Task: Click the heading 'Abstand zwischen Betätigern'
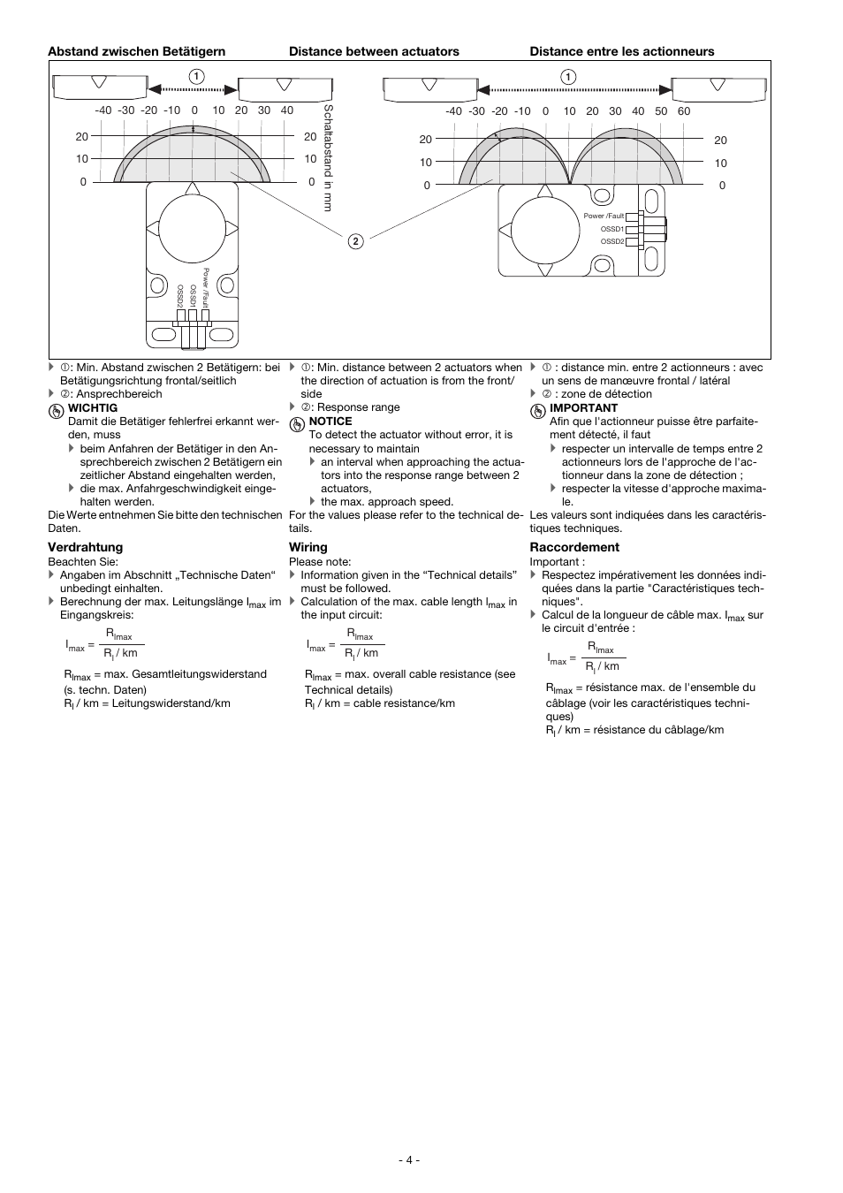136,51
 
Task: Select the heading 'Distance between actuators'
374,51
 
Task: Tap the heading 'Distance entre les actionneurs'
622,51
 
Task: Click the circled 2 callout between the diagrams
354,241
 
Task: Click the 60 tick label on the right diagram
684,111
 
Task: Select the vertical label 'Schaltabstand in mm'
328,157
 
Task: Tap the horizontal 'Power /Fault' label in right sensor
604,216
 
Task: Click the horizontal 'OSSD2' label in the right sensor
612,241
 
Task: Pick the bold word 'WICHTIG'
93,408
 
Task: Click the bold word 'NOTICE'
330,422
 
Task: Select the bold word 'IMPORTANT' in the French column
583,408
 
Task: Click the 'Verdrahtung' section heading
85,547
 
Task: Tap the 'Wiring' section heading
308,547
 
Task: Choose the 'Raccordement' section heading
574,547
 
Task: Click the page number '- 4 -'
409,1159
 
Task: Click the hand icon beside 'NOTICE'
297,423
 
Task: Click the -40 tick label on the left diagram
103,110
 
